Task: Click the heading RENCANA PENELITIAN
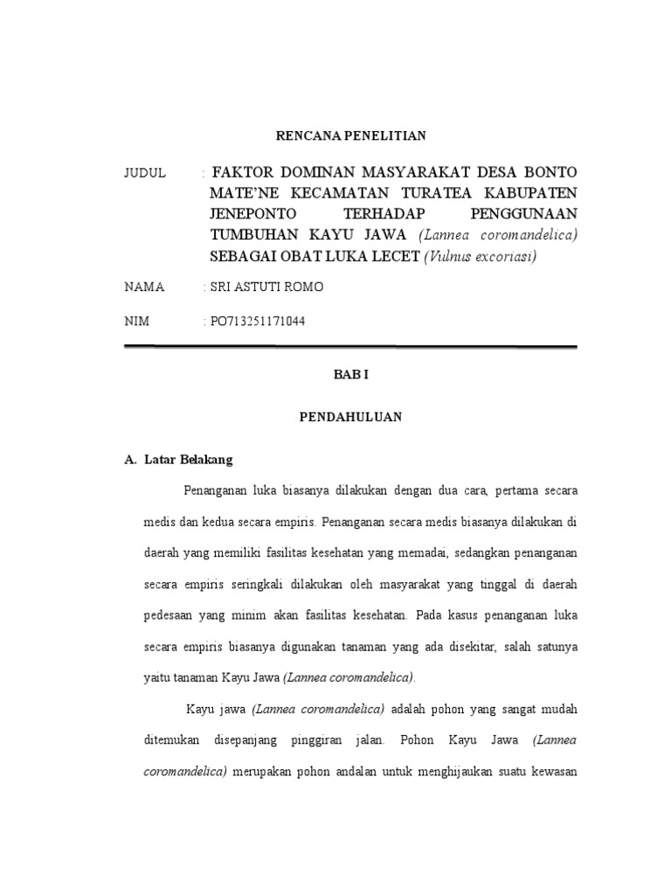pos(350,135)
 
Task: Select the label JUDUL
pos(145,172)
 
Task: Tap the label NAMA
pos(144,288)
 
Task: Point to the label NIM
pos(137,321)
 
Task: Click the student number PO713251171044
pos(258,321)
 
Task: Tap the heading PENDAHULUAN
pos(350,418)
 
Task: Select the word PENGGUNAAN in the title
pos(523,213)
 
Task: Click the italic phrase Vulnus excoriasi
pos(481,256)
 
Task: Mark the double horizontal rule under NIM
pos(350,347)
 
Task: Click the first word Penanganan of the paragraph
pos(214,491)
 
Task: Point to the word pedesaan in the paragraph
pos(169,615)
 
